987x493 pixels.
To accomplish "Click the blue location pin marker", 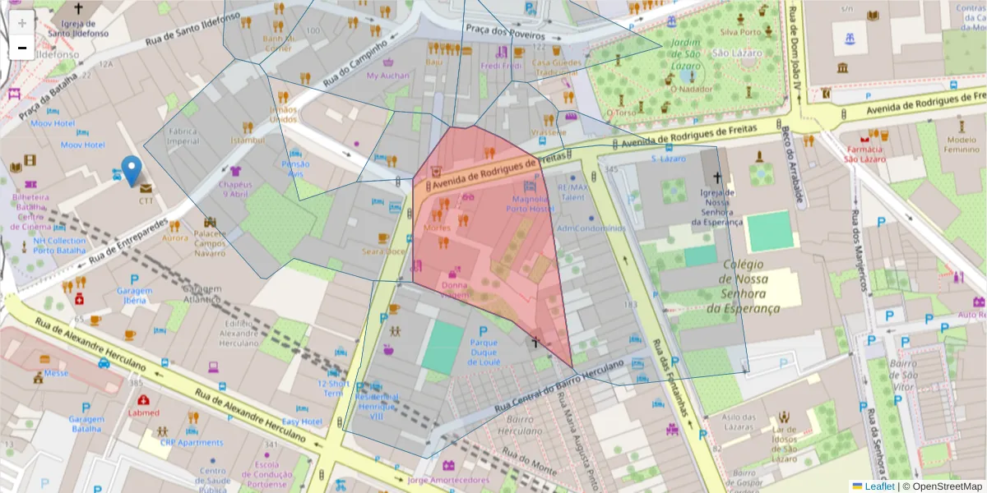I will coord(131,170).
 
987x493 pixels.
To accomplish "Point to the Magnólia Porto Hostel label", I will coord(530,204).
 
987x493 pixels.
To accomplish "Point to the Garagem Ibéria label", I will coord(134,296).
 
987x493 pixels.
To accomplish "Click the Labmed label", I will coord(143,412).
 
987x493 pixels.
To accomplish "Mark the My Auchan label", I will coord(387,76).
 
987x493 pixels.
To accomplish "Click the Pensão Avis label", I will coord(295,168).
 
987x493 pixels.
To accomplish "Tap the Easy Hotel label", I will coord(302,422).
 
